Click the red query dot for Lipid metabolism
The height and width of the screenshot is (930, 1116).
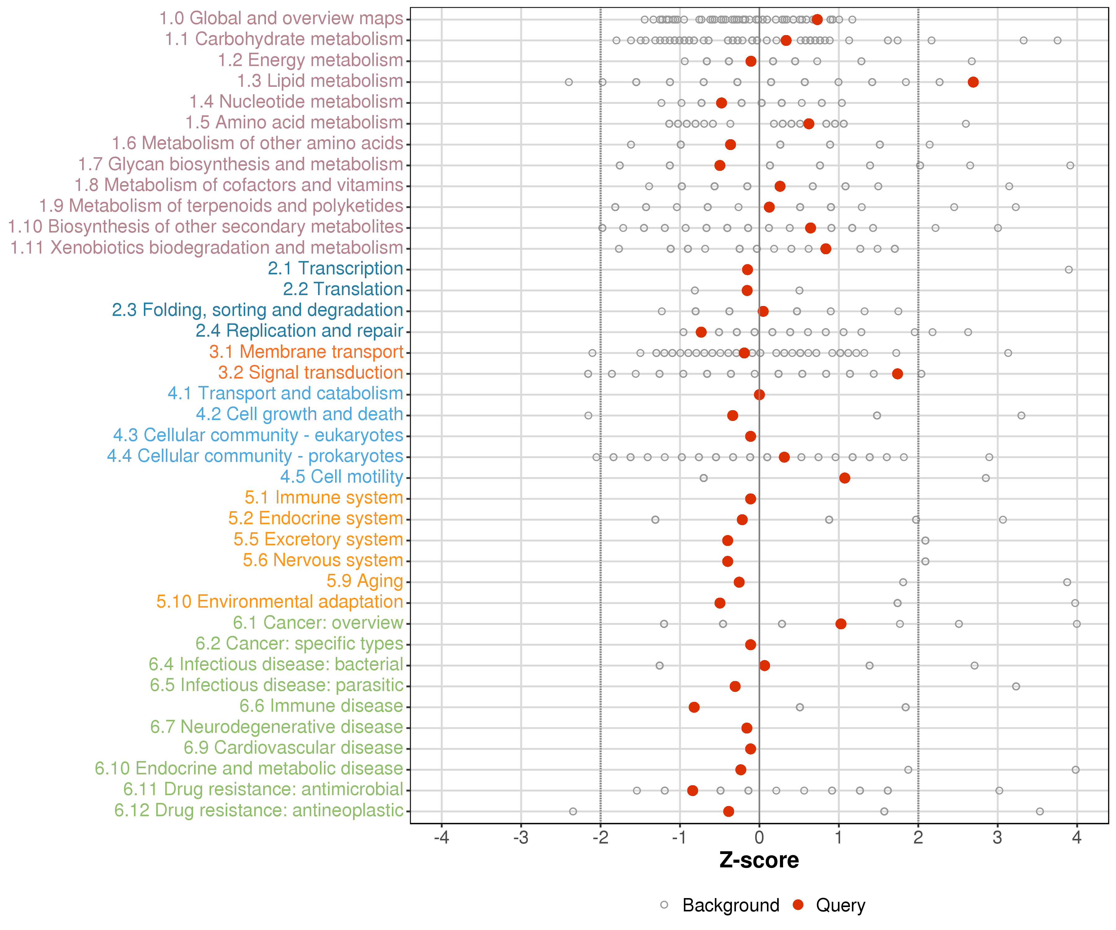973,82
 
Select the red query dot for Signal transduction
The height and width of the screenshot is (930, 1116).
897,374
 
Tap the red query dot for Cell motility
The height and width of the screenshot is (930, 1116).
844,478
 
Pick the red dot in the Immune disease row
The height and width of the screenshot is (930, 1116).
694,707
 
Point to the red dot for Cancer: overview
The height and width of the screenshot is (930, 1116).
841,623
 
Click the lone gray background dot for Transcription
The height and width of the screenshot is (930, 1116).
1069,269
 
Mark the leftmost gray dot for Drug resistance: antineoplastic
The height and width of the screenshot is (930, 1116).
573,811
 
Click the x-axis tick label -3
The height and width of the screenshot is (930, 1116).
521,838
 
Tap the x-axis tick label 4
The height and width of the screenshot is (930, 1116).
1077,838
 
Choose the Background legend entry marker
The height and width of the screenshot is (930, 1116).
664,905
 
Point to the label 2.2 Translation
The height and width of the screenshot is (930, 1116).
343,289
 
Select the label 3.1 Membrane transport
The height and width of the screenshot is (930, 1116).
306,352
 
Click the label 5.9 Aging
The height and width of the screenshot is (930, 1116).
365,581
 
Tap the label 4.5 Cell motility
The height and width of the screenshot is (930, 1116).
341,477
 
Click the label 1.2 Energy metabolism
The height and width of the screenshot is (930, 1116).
310,60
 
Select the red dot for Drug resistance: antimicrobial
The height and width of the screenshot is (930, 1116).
693,790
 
